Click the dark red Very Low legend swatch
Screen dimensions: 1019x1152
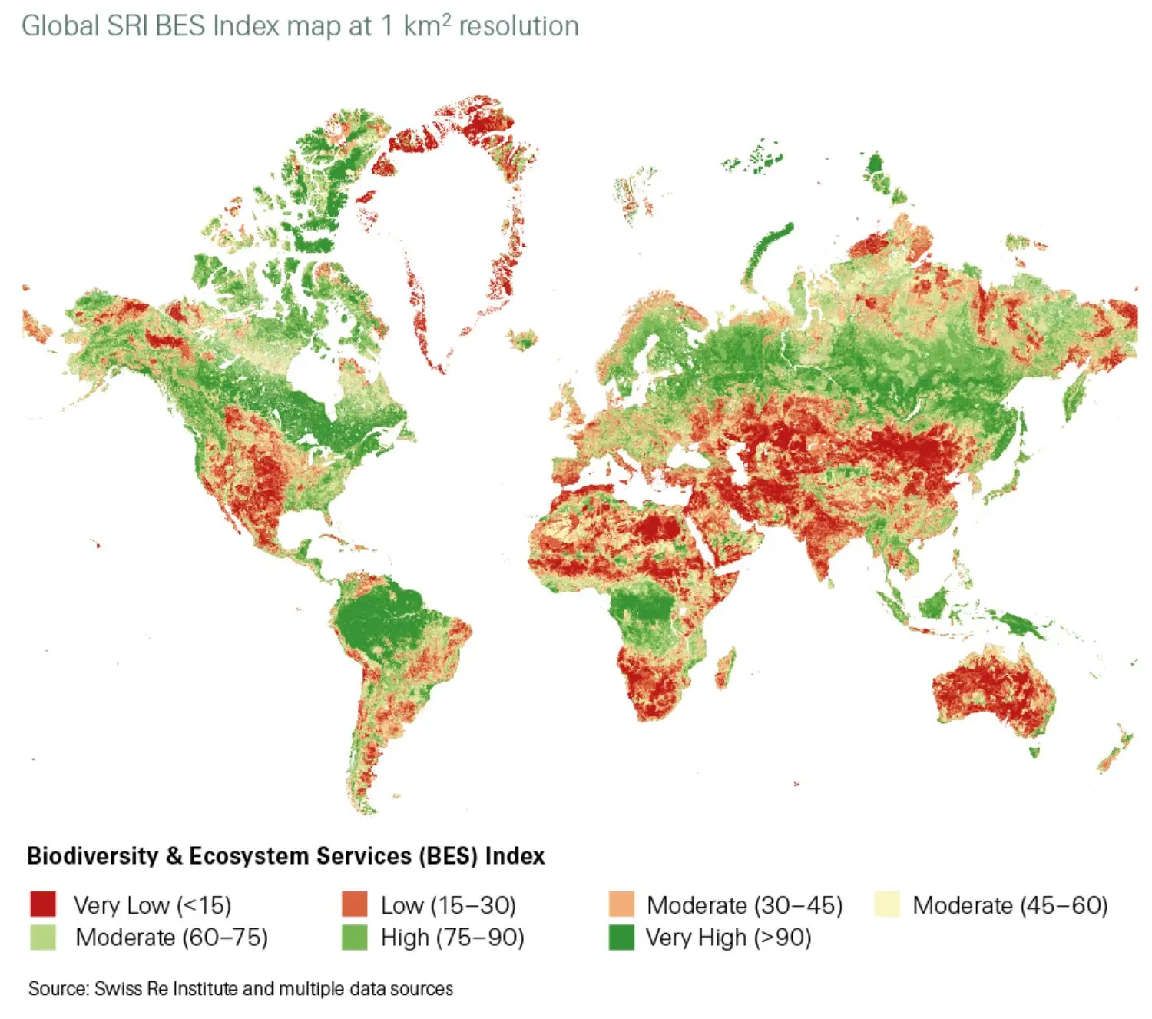click(43, 904)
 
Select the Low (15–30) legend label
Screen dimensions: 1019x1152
click(448, 905)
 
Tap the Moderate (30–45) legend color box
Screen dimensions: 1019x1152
click(621, 904)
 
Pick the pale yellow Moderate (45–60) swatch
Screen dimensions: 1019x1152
click(887, 904)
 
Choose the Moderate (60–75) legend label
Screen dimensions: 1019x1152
click(171, 938)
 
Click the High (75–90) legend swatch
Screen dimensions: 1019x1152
click(355, 938)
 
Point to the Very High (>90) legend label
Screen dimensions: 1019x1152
click(728, 938)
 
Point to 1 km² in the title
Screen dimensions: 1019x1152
click(415, 26)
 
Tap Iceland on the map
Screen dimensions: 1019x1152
click(525, 339)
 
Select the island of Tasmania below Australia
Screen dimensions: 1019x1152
click(1034, 752)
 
